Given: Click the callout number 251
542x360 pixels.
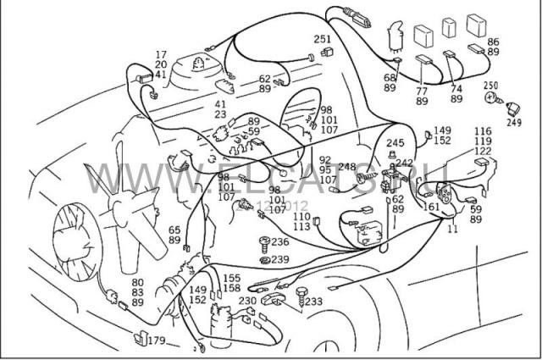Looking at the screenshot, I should pyautogui.click(x=323, y=39).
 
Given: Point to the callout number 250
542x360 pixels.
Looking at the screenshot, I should pyautogui.click(x=491, y=86).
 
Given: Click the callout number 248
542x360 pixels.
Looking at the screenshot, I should pyautogui.click(x=346, y=167).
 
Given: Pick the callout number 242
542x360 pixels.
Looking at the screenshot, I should pyautogui.click(x=405, y=163).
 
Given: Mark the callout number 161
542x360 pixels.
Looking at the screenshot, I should pyautogui.click(x=431, y=206).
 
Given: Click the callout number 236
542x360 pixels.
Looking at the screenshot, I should pyautogui.click(x=279, y=241).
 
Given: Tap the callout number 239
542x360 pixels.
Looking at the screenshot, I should pyautogui.click(x=279, y=259).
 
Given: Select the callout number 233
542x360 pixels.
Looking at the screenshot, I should pyautogui.click(x=313, y=301).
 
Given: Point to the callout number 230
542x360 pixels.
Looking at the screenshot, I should pyautogui.click(x=247, y=300).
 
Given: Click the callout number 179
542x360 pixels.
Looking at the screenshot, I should pyautogui.click(x=157, y=341).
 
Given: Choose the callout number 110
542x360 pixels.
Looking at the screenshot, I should pyautogui.click(x=301, y=216).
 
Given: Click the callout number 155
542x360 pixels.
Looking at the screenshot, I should pyautogui.click(x=231, y=277).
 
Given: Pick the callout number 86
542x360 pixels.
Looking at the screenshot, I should pyautogui.click(x=493, y=42).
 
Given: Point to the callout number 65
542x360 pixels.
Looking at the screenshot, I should pyautogui.click(x=174, y=230).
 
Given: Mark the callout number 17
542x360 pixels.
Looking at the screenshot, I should pyautogui.click(x=161, y=54).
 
